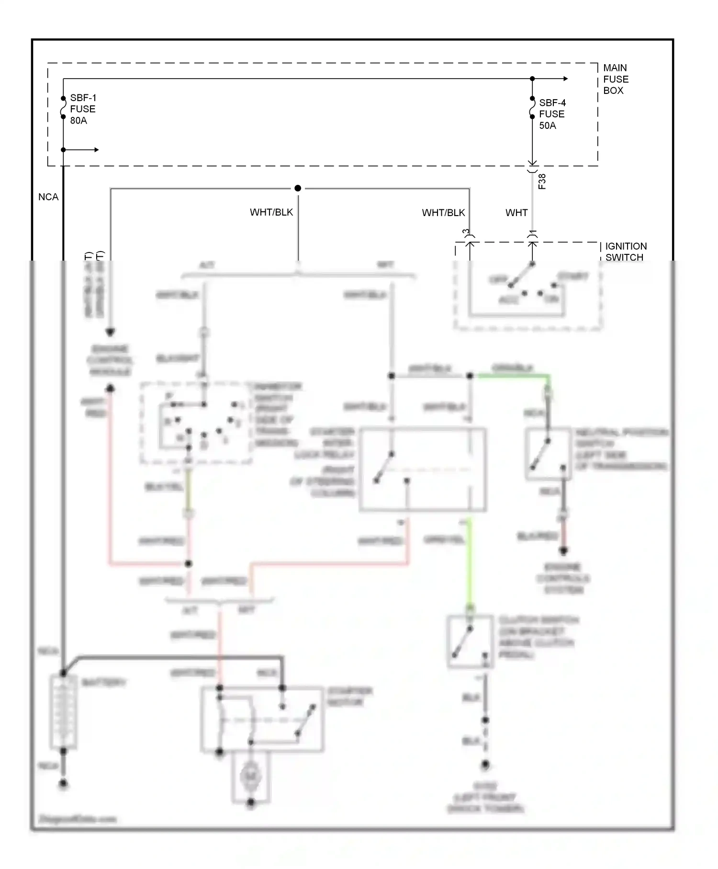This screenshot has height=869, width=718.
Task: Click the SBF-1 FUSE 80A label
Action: click(x=82, y=109)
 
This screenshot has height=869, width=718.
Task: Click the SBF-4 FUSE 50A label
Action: click(x=552, y=114)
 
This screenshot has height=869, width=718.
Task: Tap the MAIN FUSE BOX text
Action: click(x=615, y=79)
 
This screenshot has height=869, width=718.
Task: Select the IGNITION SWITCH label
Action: click(x=626, y=252)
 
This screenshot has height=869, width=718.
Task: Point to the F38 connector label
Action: click(x=542, y=182)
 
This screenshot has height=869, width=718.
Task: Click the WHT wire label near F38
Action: click(x=516, y=213)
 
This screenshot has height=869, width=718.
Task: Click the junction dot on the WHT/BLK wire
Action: click(x=298, y=188)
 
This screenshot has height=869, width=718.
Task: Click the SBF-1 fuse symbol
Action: click(x=63, y=108)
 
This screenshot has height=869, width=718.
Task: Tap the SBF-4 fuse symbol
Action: click(x=532, y=108)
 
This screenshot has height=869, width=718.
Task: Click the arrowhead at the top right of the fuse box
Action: click(x=565, y=79)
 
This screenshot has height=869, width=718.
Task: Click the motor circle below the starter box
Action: click(x=251, y=776)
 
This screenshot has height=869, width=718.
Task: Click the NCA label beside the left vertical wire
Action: click(x=48, y=197)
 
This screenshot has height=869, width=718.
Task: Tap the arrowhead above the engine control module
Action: click(x=110, y=332)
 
